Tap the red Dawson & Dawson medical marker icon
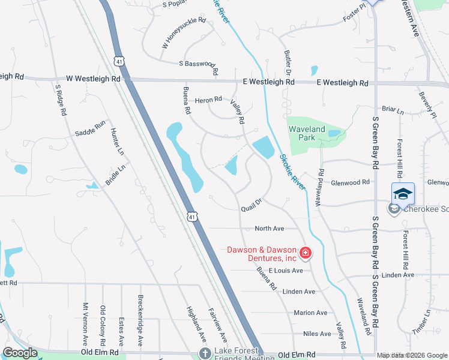pos(305,254)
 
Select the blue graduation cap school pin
pos(403,193)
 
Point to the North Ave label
pos(269,229)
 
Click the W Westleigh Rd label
pos(93,79)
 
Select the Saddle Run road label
pos(90,128)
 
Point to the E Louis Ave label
pos(286,271)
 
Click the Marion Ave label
pos(310,313)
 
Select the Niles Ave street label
pos(317,334)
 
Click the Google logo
pos(20,353)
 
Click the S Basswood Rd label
pos(197,64)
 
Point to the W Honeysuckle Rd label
pos(183,33)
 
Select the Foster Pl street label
pos(354,14)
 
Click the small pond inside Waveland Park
pos(334,133)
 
